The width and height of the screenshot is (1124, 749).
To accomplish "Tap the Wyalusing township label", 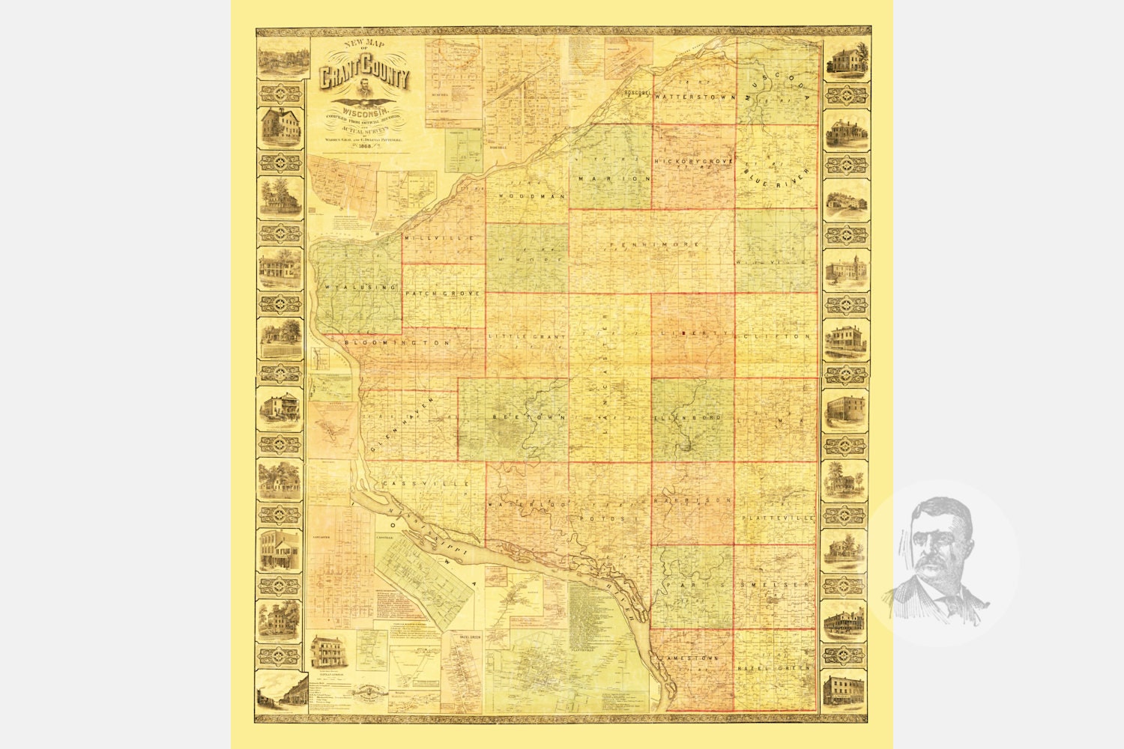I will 360,287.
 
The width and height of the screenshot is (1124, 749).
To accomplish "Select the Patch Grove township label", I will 443,294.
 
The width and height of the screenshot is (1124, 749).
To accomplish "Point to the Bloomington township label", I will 397,342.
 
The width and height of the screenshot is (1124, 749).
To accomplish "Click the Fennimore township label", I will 655,245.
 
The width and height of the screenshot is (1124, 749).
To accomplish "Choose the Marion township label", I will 614,179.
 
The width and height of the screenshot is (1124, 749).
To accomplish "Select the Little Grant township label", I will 527,337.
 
